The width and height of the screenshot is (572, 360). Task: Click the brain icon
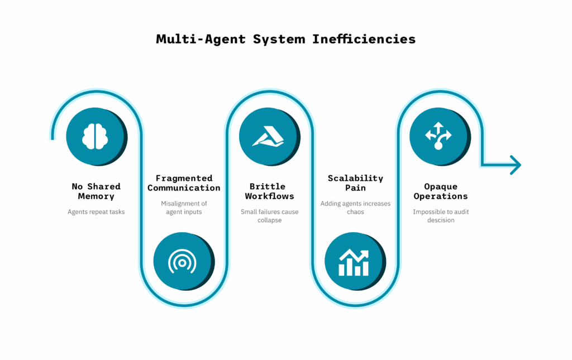(x=95, y=137)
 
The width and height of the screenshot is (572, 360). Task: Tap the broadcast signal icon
(x=182, y=261)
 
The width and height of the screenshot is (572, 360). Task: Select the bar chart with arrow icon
(x=354, y=262)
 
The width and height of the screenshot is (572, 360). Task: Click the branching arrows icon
(x=438, y=136)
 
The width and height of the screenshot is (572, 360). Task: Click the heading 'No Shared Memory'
(x=96, y=191)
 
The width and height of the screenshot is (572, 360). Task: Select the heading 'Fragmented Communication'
(x=184, y=183)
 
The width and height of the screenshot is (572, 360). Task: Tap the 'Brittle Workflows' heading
(x=269, y=191)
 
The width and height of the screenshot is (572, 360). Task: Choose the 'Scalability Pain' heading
(x=355, y=183)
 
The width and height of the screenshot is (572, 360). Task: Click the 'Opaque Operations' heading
(x=441, y=191)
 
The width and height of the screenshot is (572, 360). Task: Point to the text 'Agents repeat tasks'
(x=96, y=212)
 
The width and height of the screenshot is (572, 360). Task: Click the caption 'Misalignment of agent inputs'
(x=184, y=208)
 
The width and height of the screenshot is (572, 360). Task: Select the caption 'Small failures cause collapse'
(x=269, y=215)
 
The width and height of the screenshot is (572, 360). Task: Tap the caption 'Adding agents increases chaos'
(x=355, y=208)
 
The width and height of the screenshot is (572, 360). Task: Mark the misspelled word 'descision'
(x=441, y=220)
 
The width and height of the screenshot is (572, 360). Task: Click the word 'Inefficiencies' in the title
(x=364, y=39)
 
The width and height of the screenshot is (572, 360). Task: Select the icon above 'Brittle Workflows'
(x=268, y=136)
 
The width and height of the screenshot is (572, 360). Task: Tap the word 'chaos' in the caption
(x=355, y=212)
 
